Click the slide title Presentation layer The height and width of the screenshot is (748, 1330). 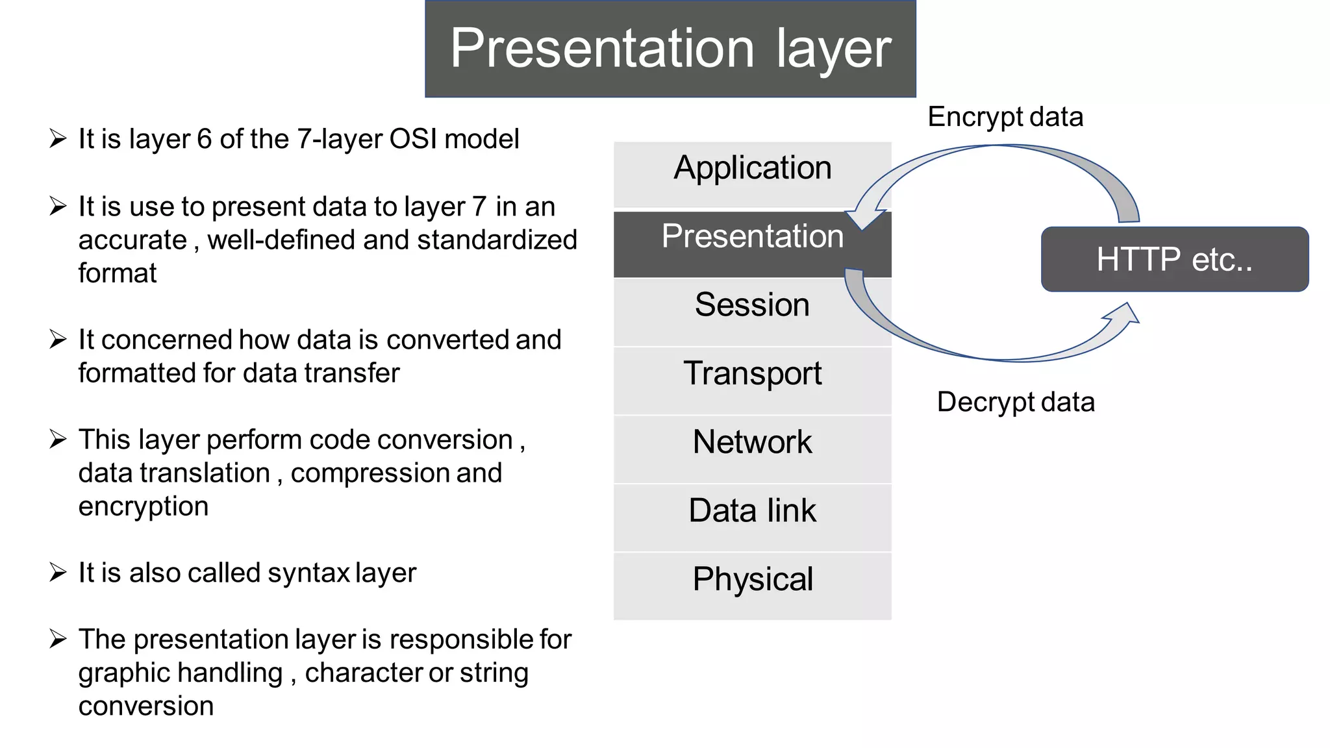(670, 49)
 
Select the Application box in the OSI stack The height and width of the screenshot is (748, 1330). (752, 168)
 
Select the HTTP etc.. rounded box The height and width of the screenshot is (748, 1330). (1174, 259)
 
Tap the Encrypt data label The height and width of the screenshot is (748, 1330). (1005, 118)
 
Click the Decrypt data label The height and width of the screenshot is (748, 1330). (1015, 402)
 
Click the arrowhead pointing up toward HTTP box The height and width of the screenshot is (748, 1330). (1125, 314)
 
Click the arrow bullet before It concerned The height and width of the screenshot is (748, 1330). (58, 340)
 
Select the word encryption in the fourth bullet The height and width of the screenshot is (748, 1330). (144, 506)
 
